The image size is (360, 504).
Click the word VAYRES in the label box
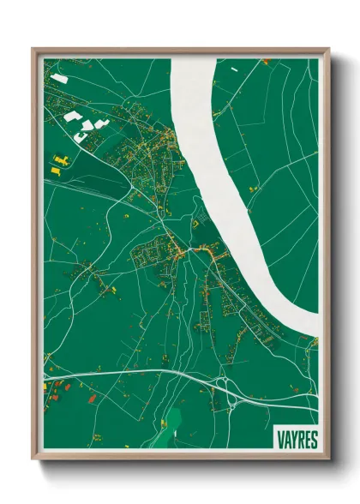pos(297,440)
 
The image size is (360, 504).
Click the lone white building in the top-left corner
pos(58,78)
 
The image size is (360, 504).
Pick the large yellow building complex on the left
pos(61,159)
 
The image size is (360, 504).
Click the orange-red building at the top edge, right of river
pos(265,62)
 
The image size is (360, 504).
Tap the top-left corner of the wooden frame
pos(33,49)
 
